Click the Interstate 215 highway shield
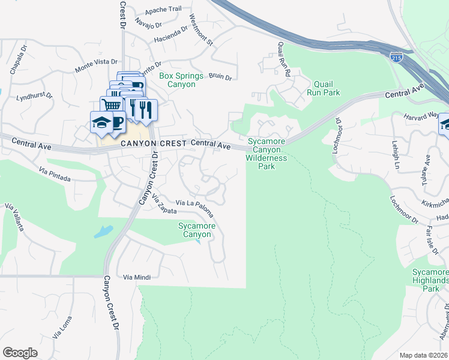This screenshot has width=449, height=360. (x=396, y=58)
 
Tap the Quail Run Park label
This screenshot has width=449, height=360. (x=323, y=89)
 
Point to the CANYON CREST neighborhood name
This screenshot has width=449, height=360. (x=153, y=144)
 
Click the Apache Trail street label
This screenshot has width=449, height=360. (x=163, y=10)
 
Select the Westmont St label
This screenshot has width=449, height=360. (x=201, y=30)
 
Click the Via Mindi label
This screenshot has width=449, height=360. (x=136, y=277)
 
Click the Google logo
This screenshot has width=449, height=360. (x=20, y=353)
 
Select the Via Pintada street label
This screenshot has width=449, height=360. (x=54, y=175)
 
